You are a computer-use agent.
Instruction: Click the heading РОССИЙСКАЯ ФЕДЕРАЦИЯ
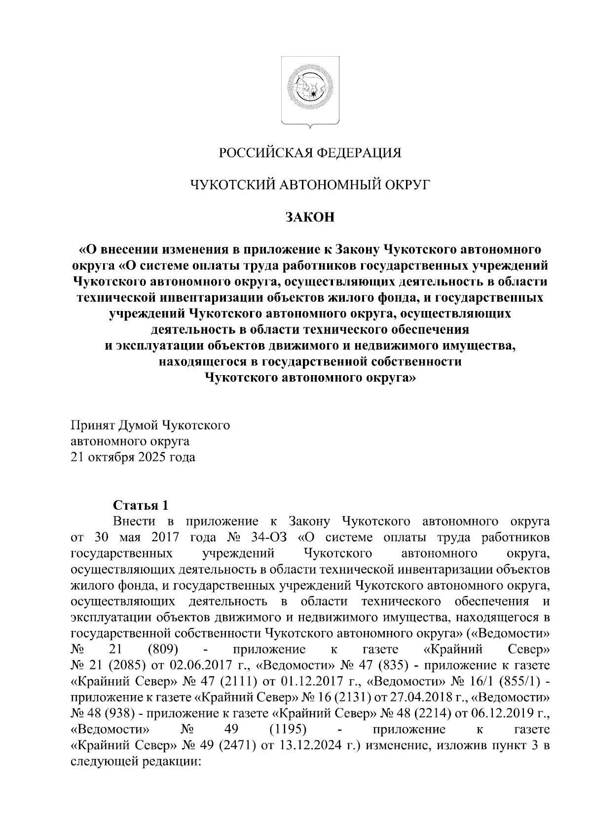click(x=310, y=153)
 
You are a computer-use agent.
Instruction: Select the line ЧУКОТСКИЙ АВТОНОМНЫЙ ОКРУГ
click(x=310, y=185)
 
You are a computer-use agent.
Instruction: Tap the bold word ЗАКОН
click(x=310, y=217)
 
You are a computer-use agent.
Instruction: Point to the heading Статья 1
click(x=141, y=505)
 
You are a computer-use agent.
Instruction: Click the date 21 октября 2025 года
click(x=133, y=457)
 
